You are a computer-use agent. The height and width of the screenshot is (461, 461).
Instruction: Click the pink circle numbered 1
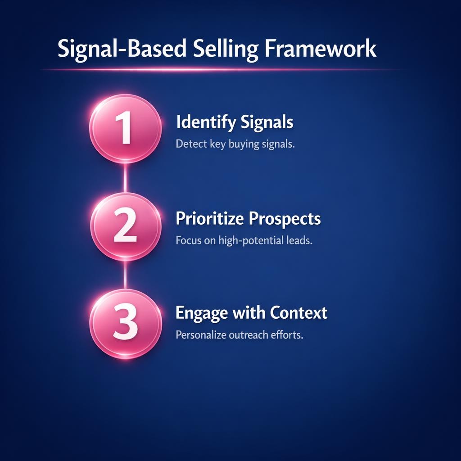125,129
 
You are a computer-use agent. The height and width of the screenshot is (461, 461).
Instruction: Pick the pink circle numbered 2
125,226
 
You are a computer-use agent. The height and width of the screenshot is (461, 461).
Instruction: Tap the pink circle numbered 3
125,324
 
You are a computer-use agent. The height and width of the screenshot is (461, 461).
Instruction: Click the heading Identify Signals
235,122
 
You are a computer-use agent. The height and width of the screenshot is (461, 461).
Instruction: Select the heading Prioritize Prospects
248,219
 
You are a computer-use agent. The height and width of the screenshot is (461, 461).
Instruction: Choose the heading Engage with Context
251,312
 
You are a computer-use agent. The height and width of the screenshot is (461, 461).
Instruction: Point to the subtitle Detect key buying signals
235,145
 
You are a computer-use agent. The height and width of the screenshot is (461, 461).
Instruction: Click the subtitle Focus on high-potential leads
244,240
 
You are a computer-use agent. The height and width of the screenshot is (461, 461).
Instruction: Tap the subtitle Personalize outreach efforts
239,335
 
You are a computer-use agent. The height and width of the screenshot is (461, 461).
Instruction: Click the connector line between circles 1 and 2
125,178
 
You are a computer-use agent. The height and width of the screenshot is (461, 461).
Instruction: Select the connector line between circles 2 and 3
125,275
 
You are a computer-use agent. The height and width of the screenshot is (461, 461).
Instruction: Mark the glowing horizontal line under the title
221,69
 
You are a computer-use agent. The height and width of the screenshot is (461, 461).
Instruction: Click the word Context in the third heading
298,312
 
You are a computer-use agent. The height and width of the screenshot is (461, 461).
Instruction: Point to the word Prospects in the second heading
285,219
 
